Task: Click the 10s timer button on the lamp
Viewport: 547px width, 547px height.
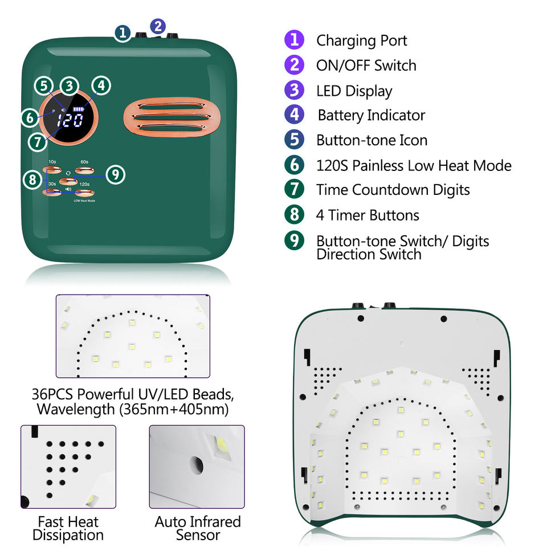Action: pyautogui.click(x=53, y=170)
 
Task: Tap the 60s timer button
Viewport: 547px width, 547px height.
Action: pyautogui.click(x=84, y=170)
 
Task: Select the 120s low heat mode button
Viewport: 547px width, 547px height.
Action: pyautogui.click(x=84, y=193)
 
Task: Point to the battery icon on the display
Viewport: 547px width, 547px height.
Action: pyautogui.click(x=78, y=109)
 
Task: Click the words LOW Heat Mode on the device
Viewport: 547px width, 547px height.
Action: pyautogui.click(x=84, y=201)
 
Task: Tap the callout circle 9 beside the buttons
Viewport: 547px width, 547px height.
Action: pyautogui.click(x=115, y=174)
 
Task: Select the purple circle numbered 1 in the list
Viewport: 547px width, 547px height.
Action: pyautogui.click(x=294, y=40)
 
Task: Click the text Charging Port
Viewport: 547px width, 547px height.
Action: pyautogui.click(x=362, y=40)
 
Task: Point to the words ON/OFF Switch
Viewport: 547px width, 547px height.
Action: pyautogui.click(x=366, y=66)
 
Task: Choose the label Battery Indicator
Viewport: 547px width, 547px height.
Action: pyautogui.click(x=372, y=115)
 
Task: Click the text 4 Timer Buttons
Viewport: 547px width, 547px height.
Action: pyautogui.click(x=368, y=215)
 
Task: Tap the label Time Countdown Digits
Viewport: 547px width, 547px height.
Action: pyautogui.click(x=393, y=190)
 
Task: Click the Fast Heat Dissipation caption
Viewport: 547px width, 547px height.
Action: pyautogui.click(x=68, y=528)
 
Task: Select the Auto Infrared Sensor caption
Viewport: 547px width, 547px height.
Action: pyautogui.click(x=198, y=528)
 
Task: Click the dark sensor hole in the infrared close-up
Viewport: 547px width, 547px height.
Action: pyautogui.click(x=197, y=465)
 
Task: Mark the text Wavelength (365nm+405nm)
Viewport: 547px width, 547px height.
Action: pyautogui.click(x=133, y=409)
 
